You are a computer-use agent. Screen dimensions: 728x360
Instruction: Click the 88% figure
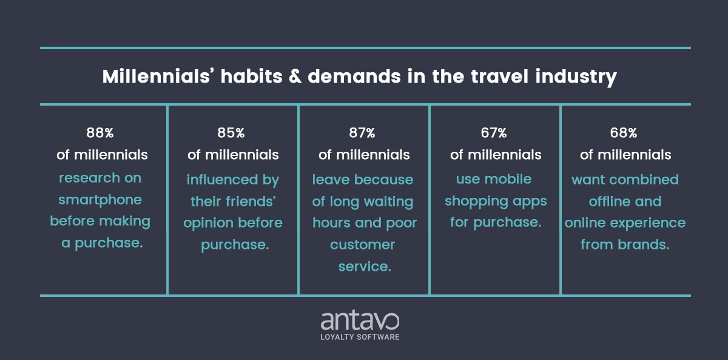(100, 133)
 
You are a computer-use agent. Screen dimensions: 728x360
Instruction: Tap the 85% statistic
(231, 133)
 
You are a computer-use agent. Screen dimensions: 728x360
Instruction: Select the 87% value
(362, 133)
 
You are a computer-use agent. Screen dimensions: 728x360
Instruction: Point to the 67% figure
(494, 133)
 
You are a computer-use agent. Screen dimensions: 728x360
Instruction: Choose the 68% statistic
(624, 133)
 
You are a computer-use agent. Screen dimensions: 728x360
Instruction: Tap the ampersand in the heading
(295, 76)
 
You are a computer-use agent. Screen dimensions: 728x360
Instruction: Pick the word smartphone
(100, 200)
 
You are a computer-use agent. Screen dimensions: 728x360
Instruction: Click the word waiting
(388, 202)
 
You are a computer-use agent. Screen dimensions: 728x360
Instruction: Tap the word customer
(362, 245)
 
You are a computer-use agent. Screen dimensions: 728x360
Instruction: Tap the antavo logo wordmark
(360, 321)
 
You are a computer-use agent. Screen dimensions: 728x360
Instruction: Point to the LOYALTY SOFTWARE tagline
(360, 337)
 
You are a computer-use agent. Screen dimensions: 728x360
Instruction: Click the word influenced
(222, 180)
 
